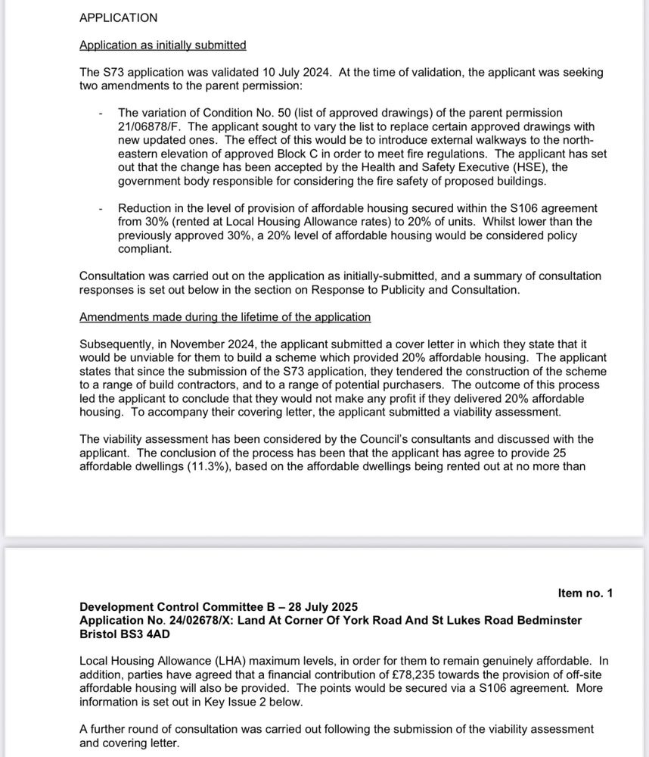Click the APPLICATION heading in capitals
coord(118,17)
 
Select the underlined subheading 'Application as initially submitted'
coord(163,45)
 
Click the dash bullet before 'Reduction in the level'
coord(101,208)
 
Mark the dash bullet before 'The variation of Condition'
coord(101,113)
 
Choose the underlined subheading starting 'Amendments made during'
coord(225,316)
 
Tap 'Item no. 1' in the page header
coord(585,593)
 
